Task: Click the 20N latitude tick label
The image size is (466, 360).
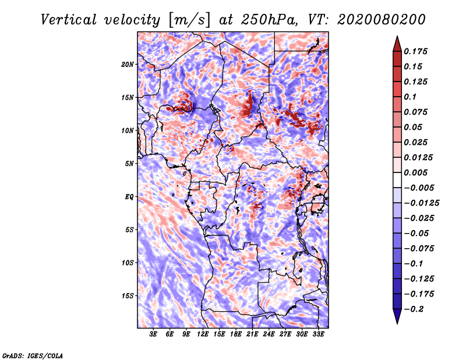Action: [128, 64]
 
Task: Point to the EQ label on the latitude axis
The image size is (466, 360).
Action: [129, 197]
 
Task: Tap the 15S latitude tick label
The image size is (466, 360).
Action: [128, 296]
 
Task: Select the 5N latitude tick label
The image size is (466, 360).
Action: [129, 164]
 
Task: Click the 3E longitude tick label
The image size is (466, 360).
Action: [154, 334]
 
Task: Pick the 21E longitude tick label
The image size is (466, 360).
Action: [252, 334]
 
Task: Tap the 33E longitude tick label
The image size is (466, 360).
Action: [318, 334]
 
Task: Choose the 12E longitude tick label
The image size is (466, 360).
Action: [203, 334]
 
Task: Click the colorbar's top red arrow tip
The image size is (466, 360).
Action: [396, 38]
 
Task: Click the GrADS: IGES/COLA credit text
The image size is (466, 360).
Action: [32, 355]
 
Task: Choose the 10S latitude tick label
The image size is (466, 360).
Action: [128, 263]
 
